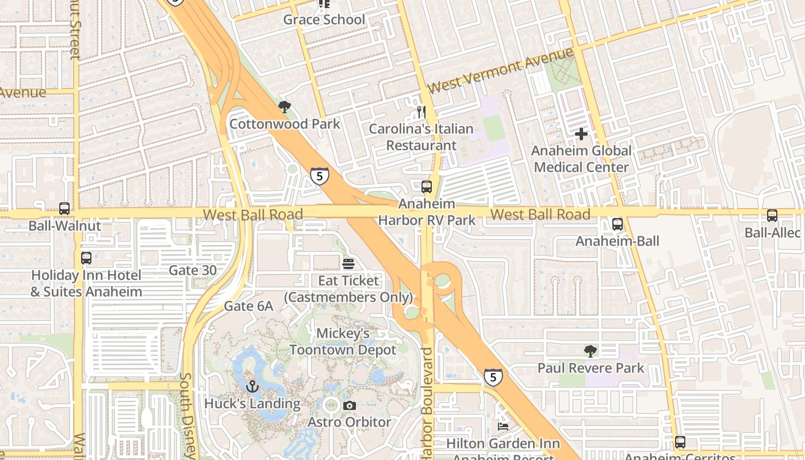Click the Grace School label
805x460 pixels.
pos(324,20)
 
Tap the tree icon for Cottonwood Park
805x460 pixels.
pos(284,106)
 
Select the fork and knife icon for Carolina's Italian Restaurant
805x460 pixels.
pos(421,111)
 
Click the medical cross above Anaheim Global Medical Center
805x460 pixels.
pos(581,134)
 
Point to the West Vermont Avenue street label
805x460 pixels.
pos(500,71)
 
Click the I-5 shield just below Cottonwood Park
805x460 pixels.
pos(320,176)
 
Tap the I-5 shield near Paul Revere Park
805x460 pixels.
pos(493,377)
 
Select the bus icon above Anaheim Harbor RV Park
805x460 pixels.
pos(426,186)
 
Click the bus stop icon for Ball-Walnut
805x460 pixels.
pos(64,209)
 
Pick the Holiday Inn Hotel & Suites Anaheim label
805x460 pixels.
pos(86,283)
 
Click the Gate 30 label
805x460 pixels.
pos(193,270)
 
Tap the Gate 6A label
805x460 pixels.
pos(248,306)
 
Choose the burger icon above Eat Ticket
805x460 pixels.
pos(348,264)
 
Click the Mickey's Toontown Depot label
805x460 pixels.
pos(343,342)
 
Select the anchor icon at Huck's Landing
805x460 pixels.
pos(252,386)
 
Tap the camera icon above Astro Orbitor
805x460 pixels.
pos(349,405)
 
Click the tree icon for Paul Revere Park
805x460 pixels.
pos(590,351)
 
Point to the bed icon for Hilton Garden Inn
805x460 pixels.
pos(503,427)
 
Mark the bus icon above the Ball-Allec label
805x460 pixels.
pos(772,216)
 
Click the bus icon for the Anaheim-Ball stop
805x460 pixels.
pos(618,224)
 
